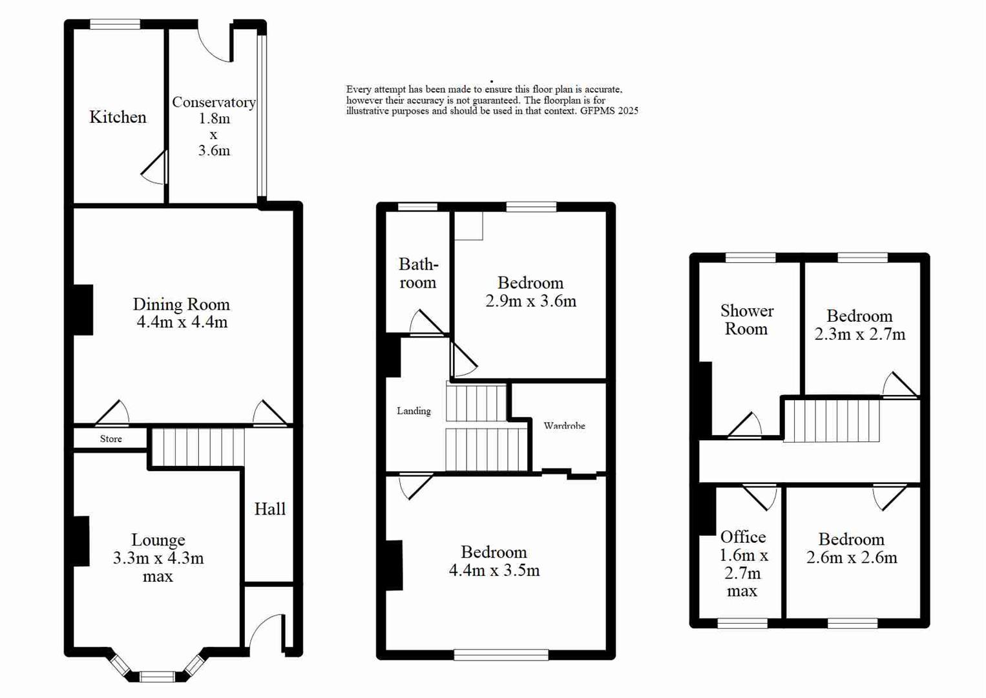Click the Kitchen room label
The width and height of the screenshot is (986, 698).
point(118,117)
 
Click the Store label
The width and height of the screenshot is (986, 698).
point(110,439)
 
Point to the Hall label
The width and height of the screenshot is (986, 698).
point(269,509)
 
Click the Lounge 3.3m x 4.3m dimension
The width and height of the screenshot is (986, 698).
point(158,558)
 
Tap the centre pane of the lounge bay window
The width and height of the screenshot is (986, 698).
point(157,677)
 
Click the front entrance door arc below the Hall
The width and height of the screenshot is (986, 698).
point(265,630)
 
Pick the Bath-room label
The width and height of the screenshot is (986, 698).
point(417,273)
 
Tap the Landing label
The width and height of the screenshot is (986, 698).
point(414,411)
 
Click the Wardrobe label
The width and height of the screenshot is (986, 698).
point(564,426)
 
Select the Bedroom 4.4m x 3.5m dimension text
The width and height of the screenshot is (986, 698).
point(494,570)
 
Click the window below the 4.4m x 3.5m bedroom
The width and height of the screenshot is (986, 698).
point(501,655)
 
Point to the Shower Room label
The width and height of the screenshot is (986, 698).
point(746,320)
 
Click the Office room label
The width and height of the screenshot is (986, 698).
point(743,537)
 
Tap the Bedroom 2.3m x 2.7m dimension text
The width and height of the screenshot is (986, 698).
point(859,334)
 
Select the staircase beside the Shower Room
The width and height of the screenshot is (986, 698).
point(831,421)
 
